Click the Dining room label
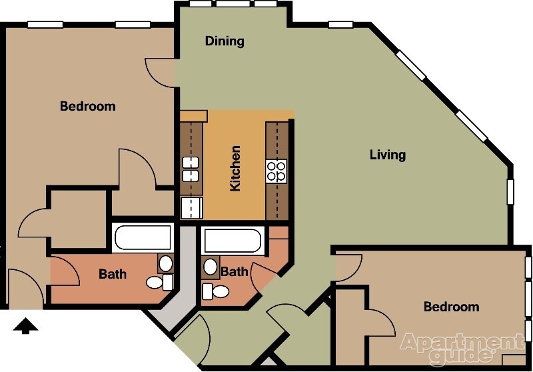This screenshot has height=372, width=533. pos(225,41)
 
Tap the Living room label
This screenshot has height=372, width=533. pos(388,155)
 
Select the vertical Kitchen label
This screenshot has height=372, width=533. pos(235,168)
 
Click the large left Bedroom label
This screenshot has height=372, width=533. pos(88,106)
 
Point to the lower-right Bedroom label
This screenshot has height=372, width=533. pos(452,307)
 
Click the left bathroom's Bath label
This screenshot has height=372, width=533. pos(113,274)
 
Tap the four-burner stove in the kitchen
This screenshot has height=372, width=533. pos(276,171)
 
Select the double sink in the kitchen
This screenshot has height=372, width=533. pos(191,169)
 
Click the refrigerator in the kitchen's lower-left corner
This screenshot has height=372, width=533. pos(192,208)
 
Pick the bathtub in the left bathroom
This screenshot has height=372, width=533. pos(143,238)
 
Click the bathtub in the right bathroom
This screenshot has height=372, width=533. pos(231,241)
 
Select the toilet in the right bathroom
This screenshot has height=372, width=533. pos(215,291)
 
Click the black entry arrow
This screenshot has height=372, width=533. pos(25,326)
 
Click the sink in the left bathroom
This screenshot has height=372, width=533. pos(166,263)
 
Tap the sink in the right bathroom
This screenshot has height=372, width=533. pos(211,267)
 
